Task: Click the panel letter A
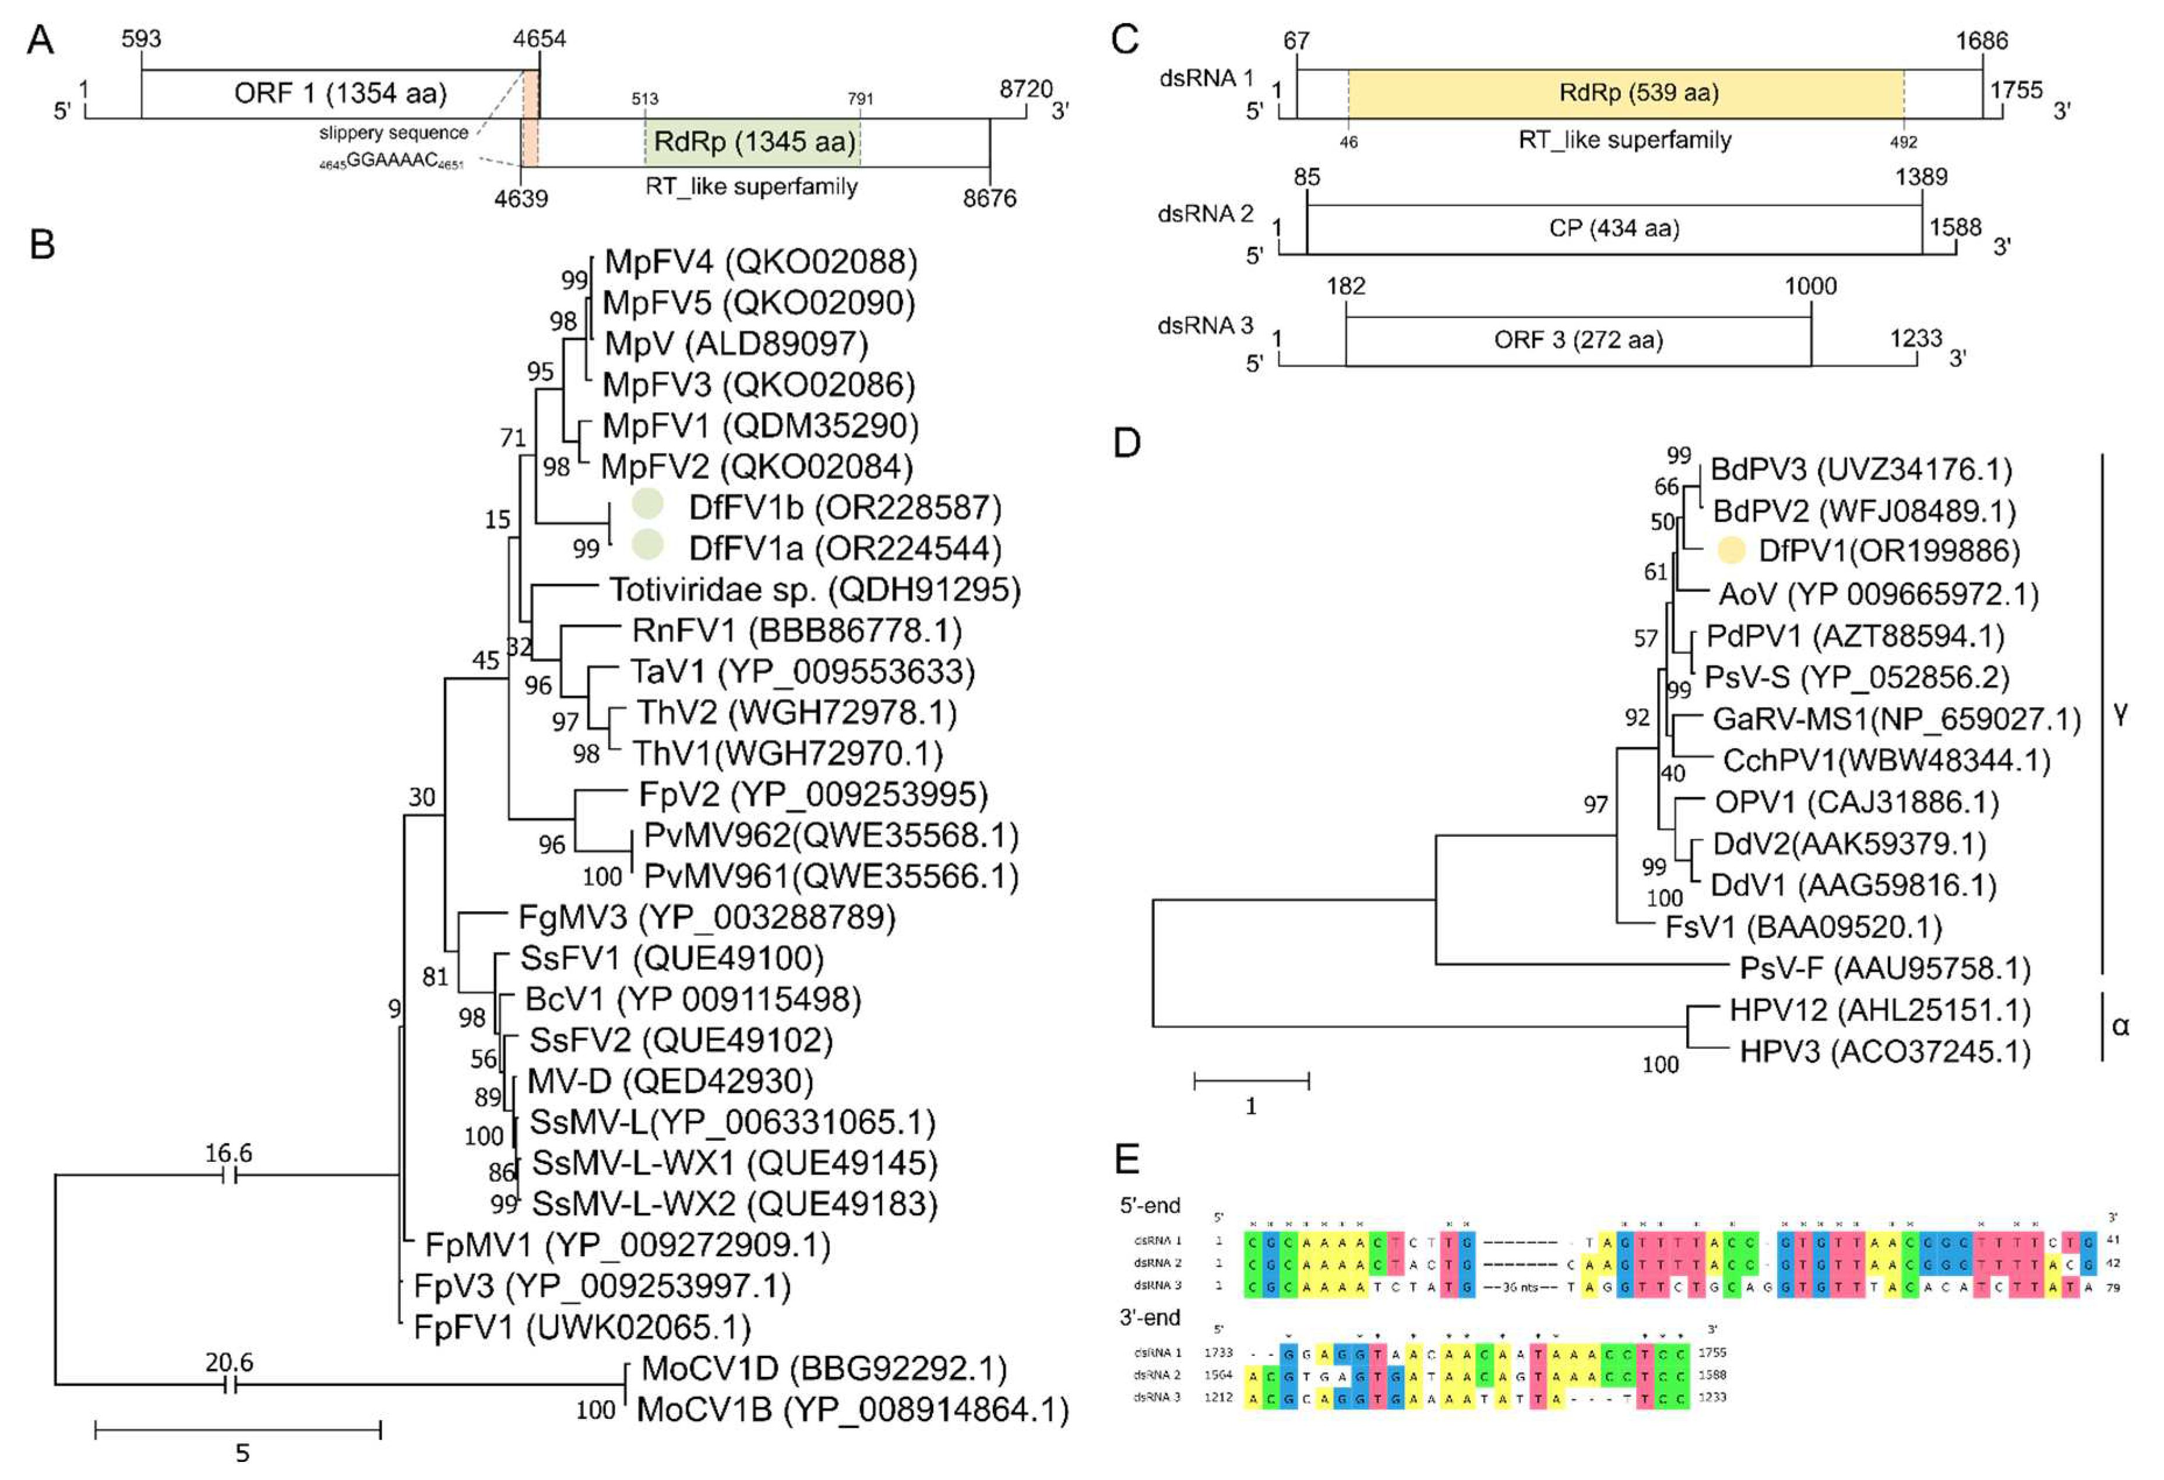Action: pyautogui.click(x=40, y=40)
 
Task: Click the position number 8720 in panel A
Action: pyautogui.click(x=1025, y=89)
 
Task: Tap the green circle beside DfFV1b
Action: pyautogui.click(x=647, y=504)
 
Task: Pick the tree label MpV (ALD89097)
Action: pyautogui.click(x=736, y=344)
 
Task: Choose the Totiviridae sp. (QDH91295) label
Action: pyautogui.click(x=815, y=590)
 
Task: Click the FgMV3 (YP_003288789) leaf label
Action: pyautogui.click(x=706, y=918)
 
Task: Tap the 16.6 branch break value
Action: pyautogui.click(x=228, y=1153)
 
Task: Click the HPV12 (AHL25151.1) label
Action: pyautogui.click(x=1879, y=1010)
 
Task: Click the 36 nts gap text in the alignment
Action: pyautogui.click(x=1521, y=1287)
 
